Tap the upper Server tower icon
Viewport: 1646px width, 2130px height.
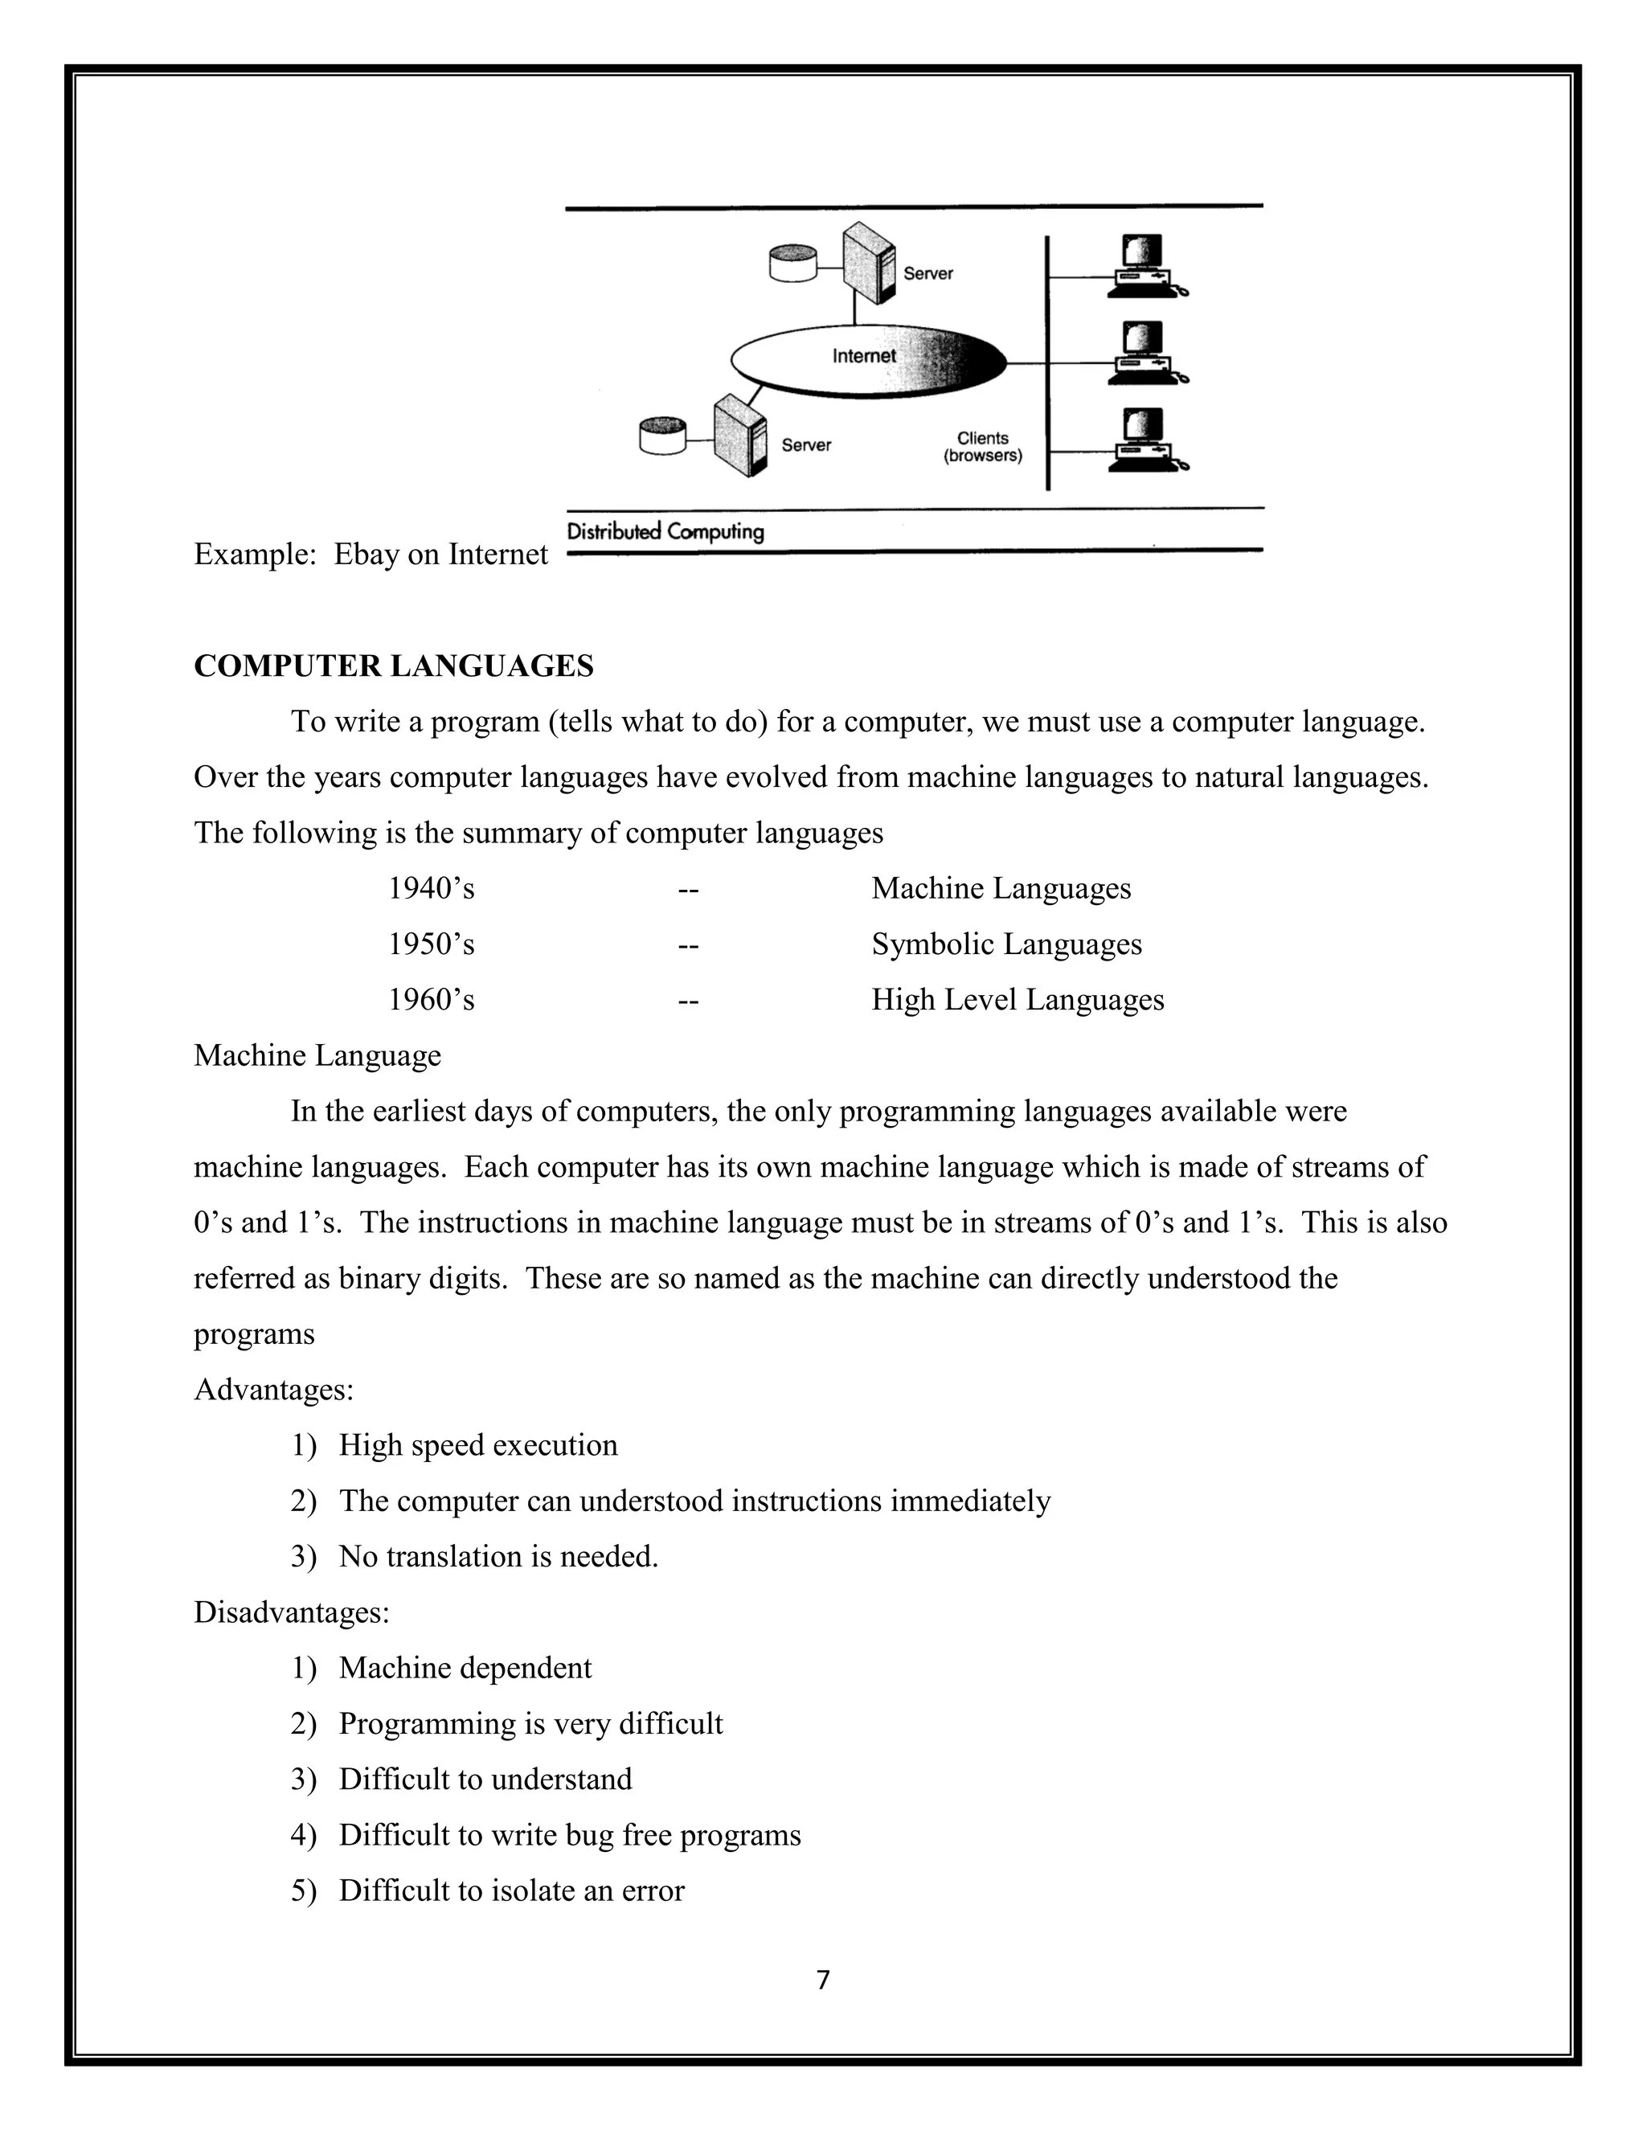click(869, 264)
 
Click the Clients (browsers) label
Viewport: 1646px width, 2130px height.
click(982, 447)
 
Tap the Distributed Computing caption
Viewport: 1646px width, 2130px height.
click(665, 531)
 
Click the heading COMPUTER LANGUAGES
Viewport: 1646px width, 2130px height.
click(393, 666)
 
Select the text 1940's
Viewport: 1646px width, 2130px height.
click(431, 888)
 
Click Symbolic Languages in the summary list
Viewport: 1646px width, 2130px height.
click(1006, 944)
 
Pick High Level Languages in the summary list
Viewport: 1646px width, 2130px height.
click(1017, 1000)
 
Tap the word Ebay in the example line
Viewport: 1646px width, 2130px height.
click(366, 554)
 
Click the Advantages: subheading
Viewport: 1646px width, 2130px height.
click(274, 1390)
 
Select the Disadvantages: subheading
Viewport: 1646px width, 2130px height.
click(292, 1612)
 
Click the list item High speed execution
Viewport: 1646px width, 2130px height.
click(478, 1445)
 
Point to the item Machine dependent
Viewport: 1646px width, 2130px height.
click(465, 1668)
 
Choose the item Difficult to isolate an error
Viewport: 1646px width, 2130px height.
click(511, 1890)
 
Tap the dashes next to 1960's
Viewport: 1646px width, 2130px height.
click(689, 1001)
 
